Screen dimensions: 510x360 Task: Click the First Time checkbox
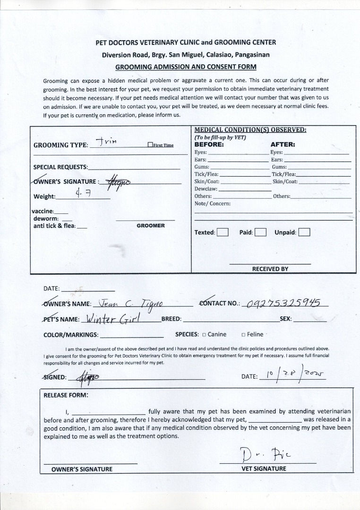click(150, 145)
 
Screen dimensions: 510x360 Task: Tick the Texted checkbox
click(223, 232)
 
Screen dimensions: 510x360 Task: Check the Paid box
click(261, 232)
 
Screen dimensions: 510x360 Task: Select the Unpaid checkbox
click(304, 232)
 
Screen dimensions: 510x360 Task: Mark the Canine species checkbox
click(204, 335)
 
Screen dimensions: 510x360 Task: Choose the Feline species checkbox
click(243, 335)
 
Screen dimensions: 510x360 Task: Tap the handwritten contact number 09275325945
click(284, 303)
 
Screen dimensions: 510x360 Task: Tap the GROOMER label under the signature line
click(151, 226)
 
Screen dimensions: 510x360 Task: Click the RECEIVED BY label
click(270, 269)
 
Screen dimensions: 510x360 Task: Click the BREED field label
click(171, 319)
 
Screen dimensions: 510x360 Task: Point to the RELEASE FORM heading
click(66, 395)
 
